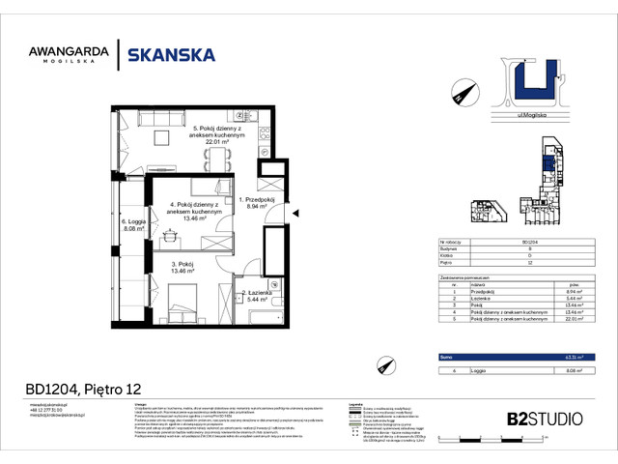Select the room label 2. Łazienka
[x=256, y=295]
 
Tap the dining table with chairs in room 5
[x=221, y=154]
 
